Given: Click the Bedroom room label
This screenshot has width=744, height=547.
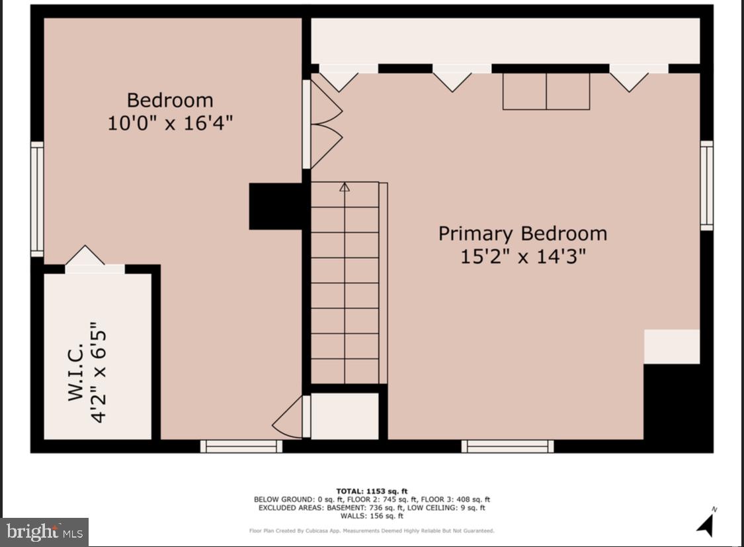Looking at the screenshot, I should pos(170,100).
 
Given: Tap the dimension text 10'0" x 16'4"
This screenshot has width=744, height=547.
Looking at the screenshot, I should pos(170,123).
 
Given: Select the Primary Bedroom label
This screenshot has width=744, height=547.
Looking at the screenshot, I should pos(522,233).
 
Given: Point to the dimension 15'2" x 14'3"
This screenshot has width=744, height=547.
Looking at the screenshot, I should pos(522,256).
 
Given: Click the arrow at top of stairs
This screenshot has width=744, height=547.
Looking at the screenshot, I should pos(344,187).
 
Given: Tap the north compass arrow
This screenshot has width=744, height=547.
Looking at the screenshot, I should pos(706,523).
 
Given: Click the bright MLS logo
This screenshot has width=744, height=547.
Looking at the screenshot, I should pos(44,532).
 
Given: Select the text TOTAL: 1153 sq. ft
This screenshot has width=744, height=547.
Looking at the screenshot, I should pos(372,491).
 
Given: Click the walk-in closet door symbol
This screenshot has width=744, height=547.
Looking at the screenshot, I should pos(85,257).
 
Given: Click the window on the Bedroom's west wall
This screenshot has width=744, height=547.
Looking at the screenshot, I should pos(37,199).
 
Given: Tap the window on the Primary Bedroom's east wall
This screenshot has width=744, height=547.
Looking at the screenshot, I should pos(706,185).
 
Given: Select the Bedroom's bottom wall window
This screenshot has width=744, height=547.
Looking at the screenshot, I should pos(241,447).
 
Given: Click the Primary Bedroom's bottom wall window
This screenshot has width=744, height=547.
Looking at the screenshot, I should pos(507,447).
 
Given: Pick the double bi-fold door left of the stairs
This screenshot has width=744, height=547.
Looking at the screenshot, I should pos(324,124).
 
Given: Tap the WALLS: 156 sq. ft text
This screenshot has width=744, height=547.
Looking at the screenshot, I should pos(372,516).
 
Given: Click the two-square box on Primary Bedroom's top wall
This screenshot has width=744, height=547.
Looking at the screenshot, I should pos(546,91).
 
